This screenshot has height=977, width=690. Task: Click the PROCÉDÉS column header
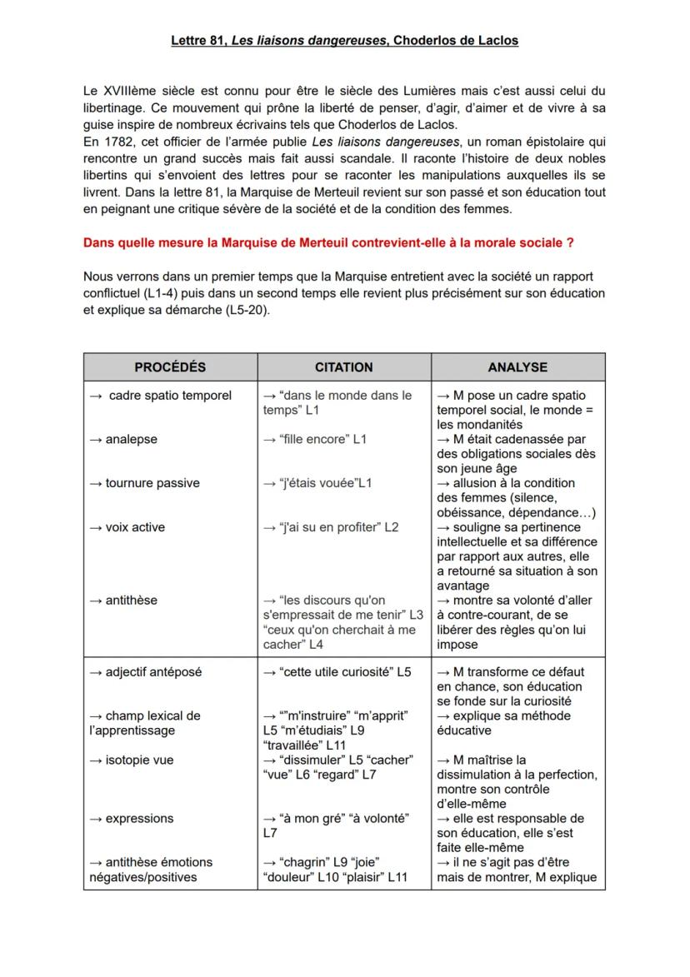coord(170,366)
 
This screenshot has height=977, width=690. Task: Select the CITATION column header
coord(343,366)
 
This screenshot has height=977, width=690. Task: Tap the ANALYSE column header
coord(517,366)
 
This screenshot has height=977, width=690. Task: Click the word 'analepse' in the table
coord(131,439)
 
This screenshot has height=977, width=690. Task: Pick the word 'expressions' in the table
coord(139,818)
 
